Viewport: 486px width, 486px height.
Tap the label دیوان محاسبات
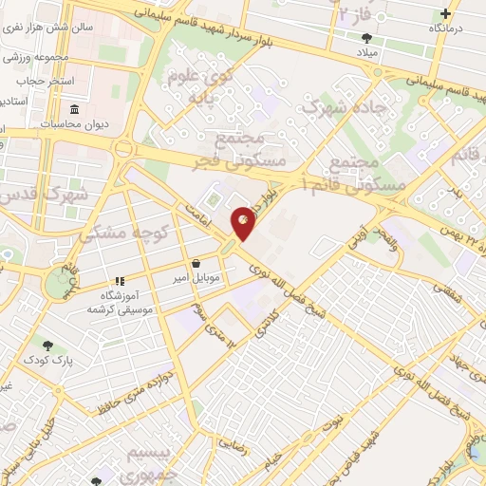point(85,124)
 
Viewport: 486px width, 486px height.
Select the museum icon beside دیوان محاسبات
point(47,124)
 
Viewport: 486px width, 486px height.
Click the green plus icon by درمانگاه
point(446,14)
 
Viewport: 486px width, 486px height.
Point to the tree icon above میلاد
point(366,38)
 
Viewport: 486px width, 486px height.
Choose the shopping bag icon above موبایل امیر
point(196,264)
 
